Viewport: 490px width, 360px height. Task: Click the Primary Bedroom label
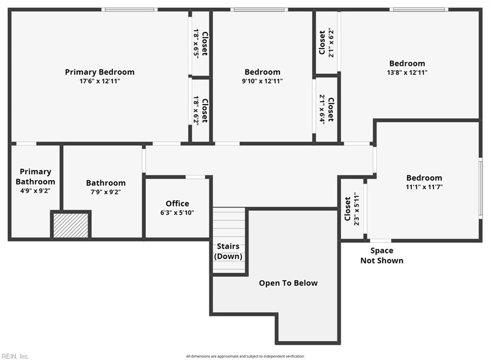(100, 72)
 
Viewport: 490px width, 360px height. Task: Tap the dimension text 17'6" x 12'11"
(100, 81)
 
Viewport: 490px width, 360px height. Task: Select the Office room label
(177, 204)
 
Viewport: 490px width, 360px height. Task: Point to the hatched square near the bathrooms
(71, 225)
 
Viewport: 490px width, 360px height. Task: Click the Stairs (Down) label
(228, 251)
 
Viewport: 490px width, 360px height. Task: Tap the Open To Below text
(288, 283)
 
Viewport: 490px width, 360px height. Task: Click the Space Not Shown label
(381, 255)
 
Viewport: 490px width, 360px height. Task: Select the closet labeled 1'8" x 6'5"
(200, 44)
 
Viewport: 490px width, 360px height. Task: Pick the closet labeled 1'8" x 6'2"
(200, 110)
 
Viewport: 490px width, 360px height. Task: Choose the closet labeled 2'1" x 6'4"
(327, 109)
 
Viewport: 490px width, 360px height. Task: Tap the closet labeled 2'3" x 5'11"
(352, 208)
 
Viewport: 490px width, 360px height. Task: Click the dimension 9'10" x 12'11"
(262, 81)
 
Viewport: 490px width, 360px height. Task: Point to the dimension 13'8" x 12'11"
(407, 73)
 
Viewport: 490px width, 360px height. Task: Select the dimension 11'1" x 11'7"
(424, 187)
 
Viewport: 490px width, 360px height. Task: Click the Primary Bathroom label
(35, 176)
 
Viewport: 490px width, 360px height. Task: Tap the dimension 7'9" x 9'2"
(106, 192)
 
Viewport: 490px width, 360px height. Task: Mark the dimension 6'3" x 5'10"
(177, 213)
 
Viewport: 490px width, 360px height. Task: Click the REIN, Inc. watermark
(15, 356)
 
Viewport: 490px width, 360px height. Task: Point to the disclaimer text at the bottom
(245, 356)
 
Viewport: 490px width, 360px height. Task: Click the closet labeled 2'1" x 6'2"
(326, 43)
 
